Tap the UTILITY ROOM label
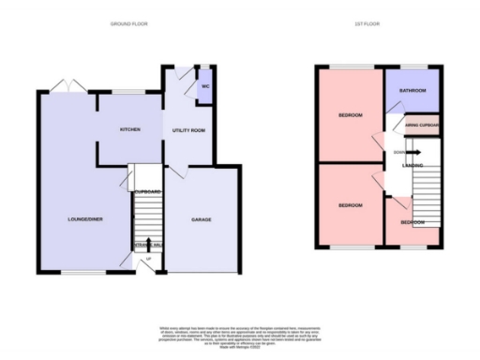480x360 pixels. (189, 130)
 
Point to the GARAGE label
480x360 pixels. (202, 220)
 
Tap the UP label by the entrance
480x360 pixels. (147, 259)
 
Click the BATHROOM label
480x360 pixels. (412, 91)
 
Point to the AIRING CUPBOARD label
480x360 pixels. (422, 124)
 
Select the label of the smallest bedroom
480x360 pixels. (412, 222)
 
